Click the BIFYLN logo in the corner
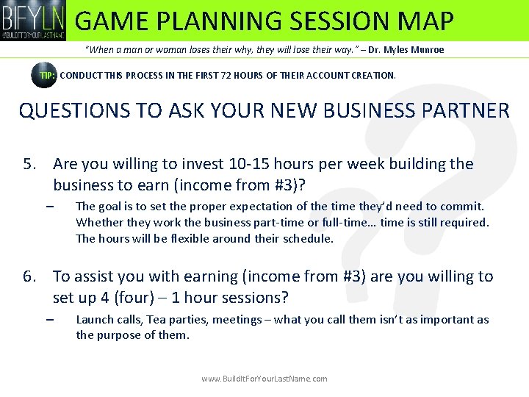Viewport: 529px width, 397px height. pyautogui.click(x=34, y=20)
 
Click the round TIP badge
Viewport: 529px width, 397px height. pyautogui.click(x=43, y=75)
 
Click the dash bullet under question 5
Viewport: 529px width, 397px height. pyautogui.click(x=49, y=207)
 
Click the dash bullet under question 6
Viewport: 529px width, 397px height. pyautogui.click(x=49, y=320)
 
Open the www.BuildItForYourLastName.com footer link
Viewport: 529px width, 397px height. pyautogui.click(x=264, y=379)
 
